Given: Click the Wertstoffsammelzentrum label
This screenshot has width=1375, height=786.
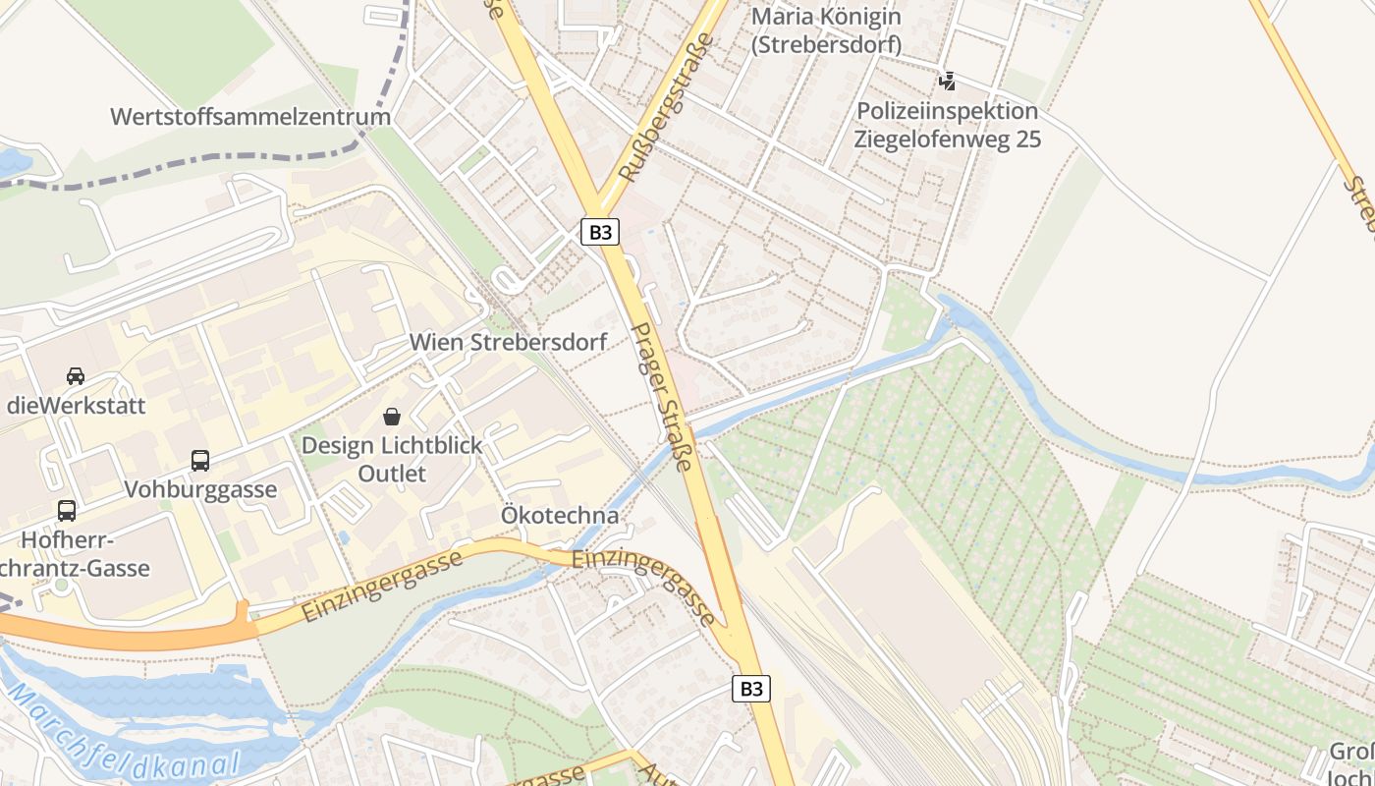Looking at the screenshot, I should tap(250, 117).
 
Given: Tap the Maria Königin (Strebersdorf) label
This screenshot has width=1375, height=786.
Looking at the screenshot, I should tap(826, 29).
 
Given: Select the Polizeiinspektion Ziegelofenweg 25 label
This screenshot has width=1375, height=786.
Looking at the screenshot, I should tap(947, 125).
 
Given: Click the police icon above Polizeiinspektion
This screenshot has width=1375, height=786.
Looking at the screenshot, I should tap(947, 81).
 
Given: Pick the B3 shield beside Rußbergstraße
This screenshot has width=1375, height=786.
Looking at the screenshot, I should tap(600, 232).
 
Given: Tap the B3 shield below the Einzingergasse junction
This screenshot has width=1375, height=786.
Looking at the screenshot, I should tap(751, 689).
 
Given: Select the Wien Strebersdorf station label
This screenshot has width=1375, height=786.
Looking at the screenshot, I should tap(508, 342).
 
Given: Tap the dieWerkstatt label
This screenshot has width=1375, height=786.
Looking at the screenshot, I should tap(76, 405).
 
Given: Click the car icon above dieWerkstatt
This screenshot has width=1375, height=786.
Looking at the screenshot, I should tap(76, 375).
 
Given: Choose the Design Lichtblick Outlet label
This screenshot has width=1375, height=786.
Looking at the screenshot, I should tap(392, 459).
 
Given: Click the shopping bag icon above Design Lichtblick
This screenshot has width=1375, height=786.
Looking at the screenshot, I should tap(392, 417).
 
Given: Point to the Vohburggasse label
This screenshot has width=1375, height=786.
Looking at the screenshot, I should tap(200, 489).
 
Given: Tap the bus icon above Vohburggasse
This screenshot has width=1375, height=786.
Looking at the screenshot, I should tap(200, 460).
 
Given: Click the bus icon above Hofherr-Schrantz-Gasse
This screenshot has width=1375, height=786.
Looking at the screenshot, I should tap(67, 511).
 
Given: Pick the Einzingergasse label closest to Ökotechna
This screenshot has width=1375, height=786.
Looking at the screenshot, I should tap(643, 586).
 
